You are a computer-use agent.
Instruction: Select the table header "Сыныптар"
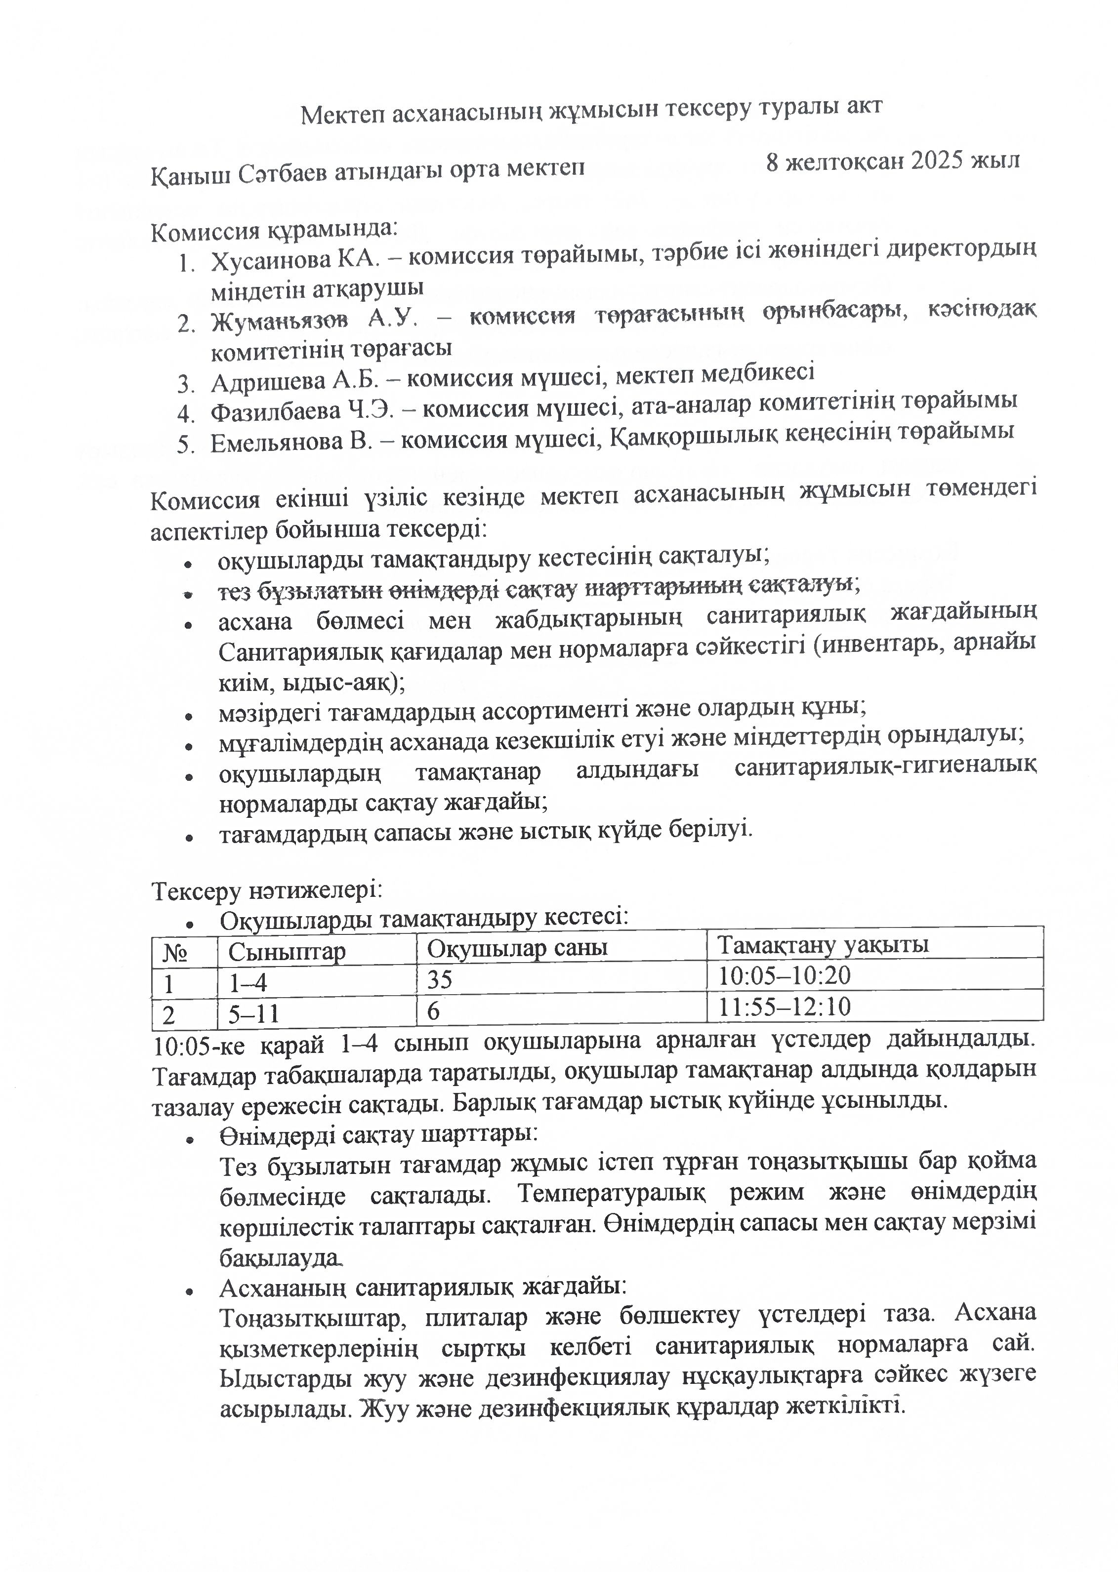click(287, 952)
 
